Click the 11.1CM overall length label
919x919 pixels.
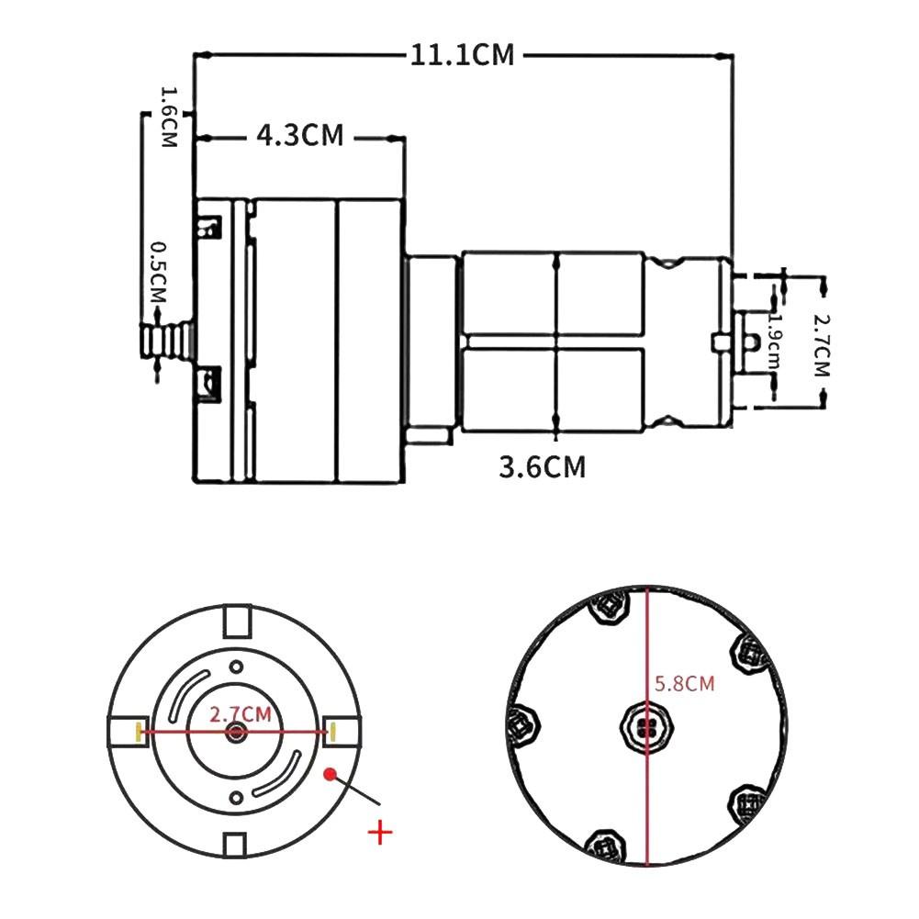[463, 55]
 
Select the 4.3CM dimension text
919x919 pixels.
[299, 136]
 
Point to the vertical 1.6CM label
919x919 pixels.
[168, 118]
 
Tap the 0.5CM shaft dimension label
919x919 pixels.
[158, 272]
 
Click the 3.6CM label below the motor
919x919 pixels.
[542, 467]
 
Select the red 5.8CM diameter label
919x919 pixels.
[684, 684]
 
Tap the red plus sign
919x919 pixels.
[379, 833]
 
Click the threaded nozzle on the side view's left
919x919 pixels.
[165, 340]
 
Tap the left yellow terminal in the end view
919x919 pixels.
[139, 731]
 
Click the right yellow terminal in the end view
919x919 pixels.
[333, 731]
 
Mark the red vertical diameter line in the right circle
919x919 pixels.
[648, 780]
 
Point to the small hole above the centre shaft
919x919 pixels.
[236, 666]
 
